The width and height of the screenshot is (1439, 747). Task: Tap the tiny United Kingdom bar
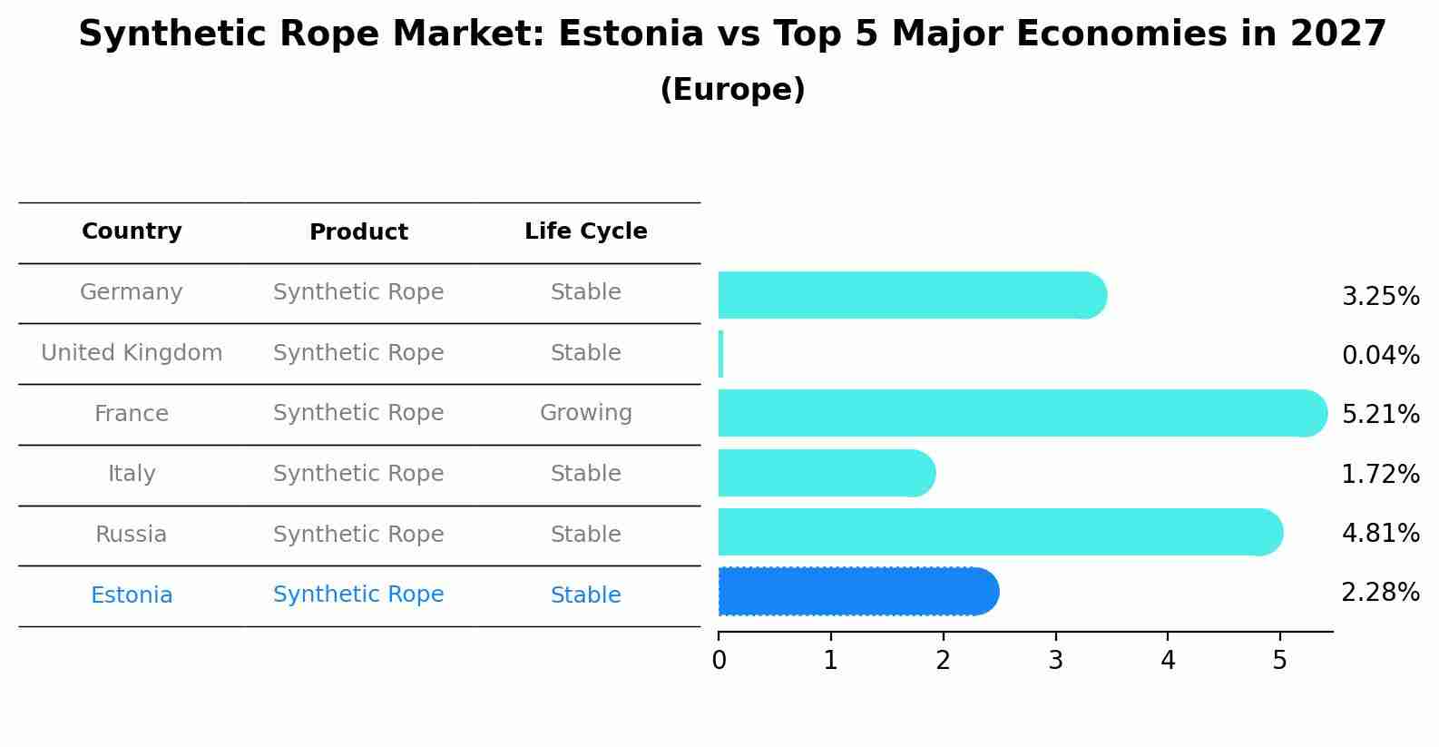click(720, 354)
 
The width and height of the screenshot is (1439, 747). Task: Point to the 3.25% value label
click(1380, 297)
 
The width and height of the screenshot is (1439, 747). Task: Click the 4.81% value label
click(1380, 533)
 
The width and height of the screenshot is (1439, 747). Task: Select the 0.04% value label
click(1380, 356)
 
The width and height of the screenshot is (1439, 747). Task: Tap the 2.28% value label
click(1380, 593)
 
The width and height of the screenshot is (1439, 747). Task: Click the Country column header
click(132, 231)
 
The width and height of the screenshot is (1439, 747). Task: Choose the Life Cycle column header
click(585, 231)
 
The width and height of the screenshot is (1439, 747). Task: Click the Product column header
click(358, 232)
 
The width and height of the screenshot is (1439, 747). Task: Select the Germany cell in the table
click(132, 292)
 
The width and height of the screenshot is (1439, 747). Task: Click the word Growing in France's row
click(585, 413)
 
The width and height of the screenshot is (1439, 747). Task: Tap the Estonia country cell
click(132, 595)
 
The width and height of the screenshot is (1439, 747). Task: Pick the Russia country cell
click(132, 535)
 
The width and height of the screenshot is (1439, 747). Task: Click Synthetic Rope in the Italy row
click(358, 474)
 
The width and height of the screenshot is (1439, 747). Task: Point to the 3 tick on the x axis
click(1055, 660)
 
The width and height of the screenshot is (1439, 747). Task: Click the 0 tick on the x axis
click(719, 660)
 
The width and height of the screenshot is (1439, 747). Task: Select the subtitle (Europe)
click(732, 90)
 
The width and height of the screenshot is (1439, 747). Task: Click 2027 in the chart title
click(1337, 34)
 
